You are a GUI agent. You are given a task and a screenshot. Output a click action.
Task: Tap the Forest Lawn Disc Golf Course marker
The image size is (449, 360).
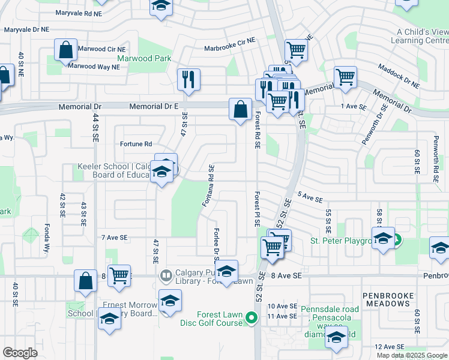pyautogui.click(x=253, y=318)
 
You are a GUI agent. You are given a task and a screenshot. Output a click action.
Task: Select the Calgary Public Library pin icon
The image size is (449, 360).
pyautogui.click(x=166, y=276)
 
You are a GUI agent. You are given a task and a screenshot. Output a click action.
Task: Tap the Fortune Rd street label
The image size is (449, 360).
pyautogui.click(x=136, y=144)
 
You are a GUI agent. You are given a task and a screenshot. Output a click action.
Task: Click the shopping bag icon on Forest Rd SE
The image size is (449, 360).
pyautogui.click(x=240, y=109)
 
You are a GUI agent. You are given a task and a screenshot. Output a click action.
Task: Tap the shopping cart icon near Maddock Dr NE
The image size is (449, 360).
pyautogui.click(x=345, y=77)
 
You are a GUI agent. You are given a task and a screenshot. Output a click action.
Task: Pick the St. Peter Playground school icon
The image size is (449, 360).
pyautogui.click(x=382, y=239)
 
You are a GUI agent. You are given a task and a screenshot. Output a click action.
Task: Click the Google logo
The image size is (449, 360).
pyautogui.click(x=20, y=353)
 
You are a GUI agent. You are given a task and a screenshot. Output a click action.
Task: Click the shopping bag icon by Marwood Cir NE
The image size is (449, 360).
pyautogui.click(x=66, y=50)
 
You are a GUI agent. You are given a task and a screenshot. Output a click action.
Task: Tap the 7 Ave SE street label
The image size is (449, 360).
pyautogui.click(x=115, y=238)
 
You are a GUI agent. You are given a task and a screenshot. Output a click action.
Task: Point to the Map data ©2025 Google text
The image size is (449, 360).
pyautogui.click(x=411, y=355)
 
